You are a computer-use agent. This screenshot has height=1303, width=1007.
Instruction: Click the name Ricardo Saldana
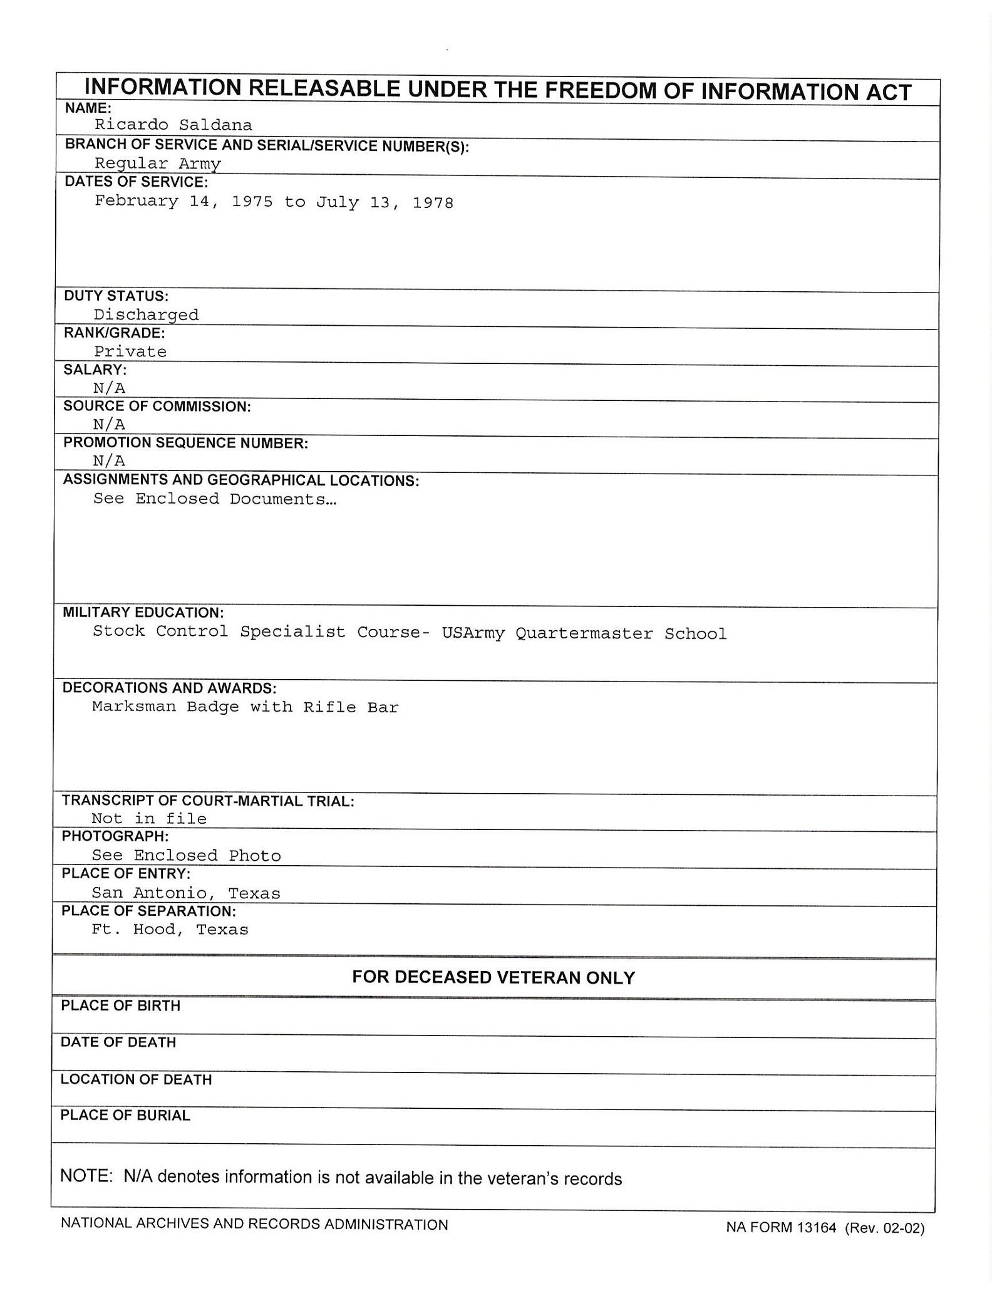(173, 125)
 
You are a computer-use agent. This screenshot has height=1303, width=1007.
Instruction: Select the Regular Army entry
(158, 164)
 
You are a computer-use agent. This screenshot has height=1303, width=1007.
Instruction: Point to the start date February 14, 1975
(183, 201)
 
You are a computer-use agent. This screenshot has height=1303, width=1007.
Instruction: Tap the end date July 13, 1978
(385, 202)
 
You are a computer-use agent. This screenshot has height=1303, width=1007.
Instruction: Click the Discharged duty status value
(146, 314)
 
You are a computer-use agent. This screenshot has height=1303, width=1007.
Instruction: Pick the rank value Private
(130, 351)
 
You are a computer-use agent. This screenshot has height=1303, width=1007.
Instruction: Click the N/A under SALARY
(109, 388)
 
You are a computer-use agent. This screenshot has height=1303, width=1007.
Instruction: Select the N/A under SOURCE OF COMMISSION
(109, 424)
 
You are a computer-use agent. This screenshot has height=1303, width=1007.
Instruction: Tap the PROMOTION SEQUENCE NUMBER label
(185, 443)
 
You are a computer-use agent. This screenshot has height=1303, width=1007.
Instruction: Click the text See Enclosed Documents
(214, 499)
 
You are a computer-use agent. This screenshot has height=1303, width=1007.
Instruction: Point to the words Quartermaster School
(621, 633)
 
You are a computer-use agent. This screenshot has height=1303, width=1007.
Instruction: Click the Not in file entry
(149, 818)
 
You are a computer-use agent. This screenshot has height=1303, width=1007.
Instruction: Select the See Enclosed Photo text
(186, 855)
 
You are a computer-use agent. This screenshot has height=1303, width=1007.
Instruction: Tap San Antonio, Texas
(186, 893)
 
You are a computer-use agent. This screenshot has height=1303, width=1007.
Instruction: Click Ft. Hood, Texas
(170, 929)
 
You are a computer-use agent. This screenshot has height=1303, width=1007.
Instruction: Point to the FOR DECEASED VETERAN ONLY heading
(493, 977)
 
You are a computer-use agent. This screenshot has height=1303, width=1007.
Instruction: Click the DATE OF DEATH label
(118, 1042)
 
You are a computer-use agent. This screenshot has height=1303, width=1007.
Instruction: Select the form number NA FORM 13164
(781, 1227)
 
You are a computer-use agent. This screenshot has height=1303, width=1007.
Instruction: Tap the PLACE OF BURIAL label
(125, 1115)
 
